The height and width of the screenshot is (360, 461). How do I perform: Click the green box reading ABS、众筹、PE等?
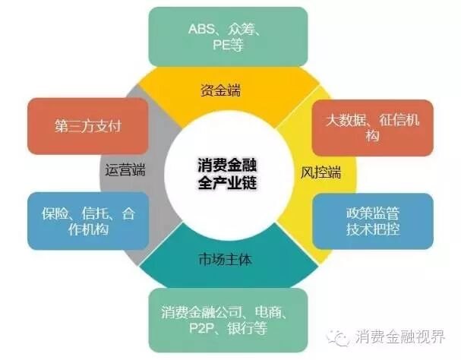click(x=228, y=36)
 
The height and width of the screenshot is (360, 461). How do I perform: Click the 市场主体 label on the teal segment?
click(x=229, y=259)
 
